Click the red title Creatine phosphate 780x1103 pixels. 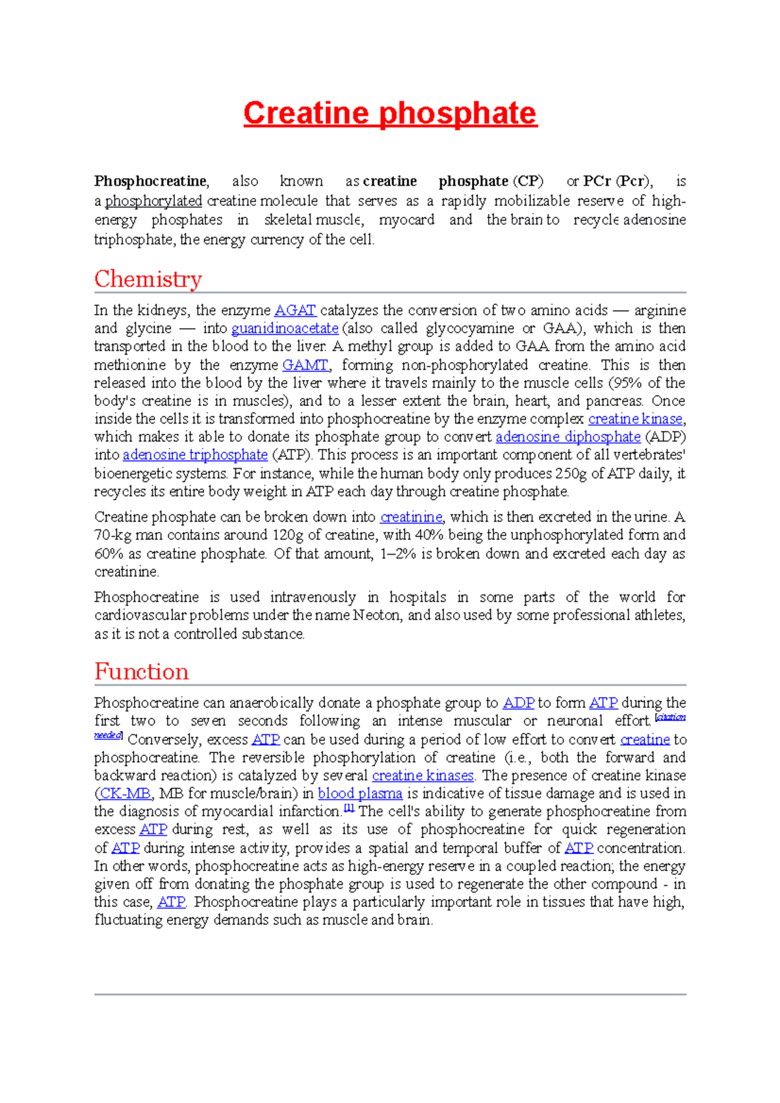[390, 114]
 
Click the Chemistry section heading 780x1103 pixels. [148, 279]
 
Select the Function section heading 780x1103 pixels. [142, 672]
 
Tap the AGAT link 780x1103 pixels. [295, 311]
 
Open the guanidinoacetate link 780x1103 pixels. [285, 329]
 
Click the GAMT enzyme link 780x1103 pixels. [305, 365]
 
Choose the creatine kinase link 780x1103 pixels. [635, 419]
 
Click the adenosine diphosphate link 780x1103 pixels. [567, 437]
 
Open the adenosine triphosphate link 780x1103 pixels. [195, 455]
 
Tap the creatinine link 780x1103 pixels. [411, 518]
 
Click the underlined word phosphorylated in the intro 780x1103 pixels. [153, 201]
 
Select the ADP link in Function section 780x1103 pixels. [518, 703]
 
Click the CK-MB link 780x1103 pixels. [125, 794]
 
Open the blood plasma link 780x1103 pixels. [359, 794]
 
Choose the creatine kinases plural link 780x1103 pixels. [422, 776]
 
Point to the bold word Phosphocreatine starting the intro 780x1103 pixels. [150, 181]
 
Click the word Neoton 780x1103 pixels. [376, 615]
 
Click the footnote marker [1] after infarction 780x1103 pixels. [349, 809]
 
